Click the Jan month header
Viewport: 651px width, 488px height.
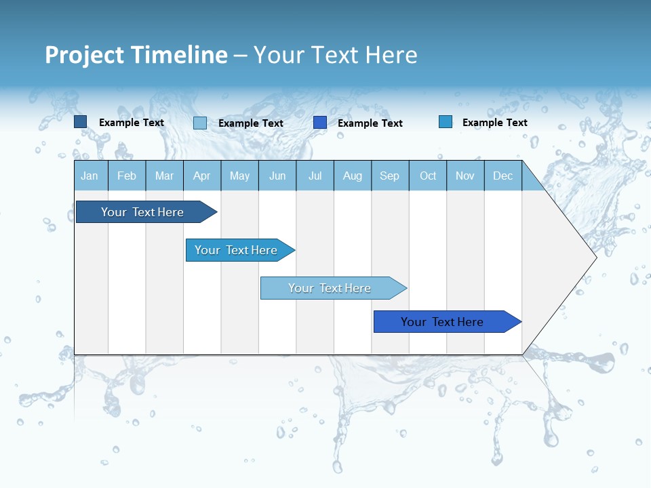pyautogui.click(x=90, y=176)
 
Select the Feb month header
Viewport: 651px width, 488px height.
pyautogui.click(x=127, y=176)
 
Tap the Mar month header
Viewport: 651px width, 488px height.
pyautogui.click(x=164, y=176)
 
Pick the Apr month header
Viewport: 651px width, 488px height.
pyautogui.click(x=202, y=176)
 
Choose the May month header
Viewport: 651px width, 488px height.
pyautogui.click(x=239, y=176)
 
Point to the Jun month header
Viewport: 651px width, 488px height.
pyautogui.click(x=277, y=176)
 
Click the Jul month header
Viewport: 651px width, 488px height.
pyautogui.click(x=315, y=176)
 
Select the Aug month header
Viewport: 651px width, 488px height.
pyautogui.click(x=353, y=176)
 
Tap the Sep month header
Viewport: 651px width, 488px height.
pyautogui.click(x=390, y=176)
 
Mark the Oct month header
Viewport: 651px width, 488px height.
pyautogui.click(x=428, y=176)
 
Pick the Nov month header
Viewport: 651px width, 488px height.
pyautogui.click(x=465, y=176)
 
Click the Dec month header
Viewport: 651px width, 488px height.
pyautogui.click(x=503, y=176)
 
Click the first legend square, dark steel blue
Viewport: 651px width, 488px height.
pyautogui.click(x=81, y=122)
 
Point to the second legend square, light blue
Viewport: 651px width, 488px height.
pyautogui.click(x=200, y=123)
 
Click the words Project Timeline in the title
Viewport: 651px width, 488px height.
pyautogui.click(x=136, y=55)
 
